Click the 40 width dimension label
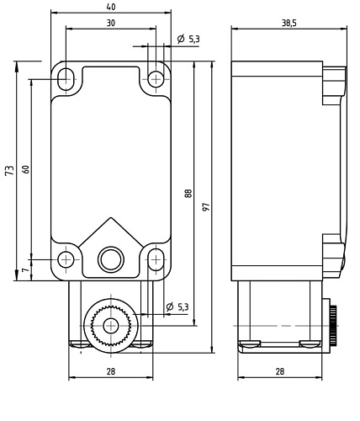coord(110,7)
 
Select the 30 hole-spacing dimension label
coord(110,23)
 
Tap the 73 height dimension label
coord(9,170)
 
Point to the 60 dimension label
coord(25,170)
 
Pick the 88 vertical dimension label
coord(188,193)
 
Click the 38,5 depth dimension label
coord(289,23)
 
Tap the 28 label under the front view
coord(110,371)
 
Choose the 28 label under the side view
coord(280,371)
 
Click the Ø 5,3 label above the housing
coord(188,39)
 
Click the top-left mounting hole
coord(66,78)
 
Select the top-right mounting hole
coord(155,78)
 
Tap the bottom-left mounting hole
coord(66,258)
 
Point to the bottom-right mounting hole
coord(155,258)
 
